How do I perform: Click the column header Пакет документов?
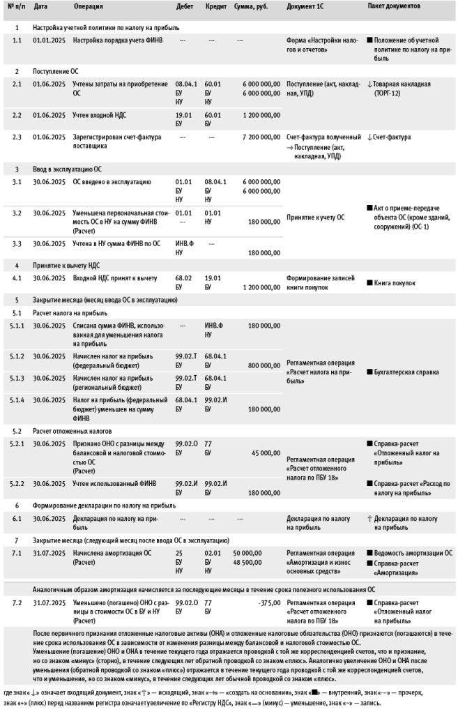tap(394, 7)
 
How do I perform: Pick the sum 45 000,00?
tap(268, 452)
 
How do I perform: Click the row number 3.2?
tap(17, 213)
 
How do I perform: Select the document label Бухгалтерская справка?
tap(406, 372)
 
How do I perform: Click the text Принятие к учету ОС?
tap(315, 218)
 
